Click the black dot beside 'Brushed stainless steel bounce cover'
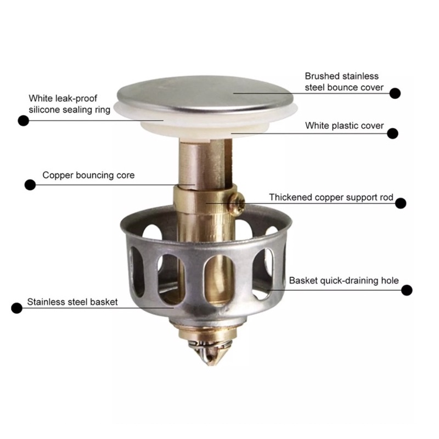(x=395, y=93)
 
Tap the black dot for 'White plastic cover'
(x=393, y=133)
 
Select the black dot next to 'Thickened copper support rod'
(x=401, y=203)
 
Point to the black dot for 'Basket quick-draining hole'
(x=407, y=290)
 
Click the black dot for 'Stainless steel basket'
(x=16, y=308)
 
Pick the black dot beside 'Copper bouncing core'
(x=30, y=185)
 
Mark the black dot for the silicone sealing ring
(x=23, y=120)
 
